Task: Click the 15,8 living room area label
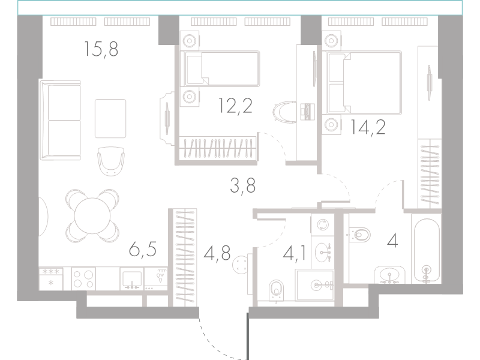[101, 49]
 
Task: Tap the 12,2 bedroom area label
[235, 106]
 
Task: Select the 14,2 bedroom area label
[368, 127]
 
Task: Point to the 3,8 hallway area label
[243, 185]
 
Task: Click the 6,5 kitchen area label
[143, 249]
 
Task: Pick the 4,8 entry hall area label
[217, 253]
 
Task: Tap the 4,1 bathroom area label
[295, 253]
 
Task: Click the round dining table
[92, 215]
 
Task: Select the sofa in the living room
[61, 121]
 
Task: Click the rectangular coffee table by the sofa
[110, 118]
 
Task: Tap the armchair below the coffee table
[111, 161]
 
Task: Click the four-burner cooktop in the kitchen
[83, 279]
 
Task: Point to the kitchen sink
[132, 279]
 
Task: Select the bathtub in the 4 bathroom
[426, 248]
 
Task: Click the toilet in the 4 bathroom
[359, 235]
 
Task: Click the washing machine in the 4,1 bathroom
[322, 225]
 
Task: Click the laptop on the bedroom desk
[307, 112]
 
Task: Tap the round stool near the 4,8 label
[241, 264]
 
